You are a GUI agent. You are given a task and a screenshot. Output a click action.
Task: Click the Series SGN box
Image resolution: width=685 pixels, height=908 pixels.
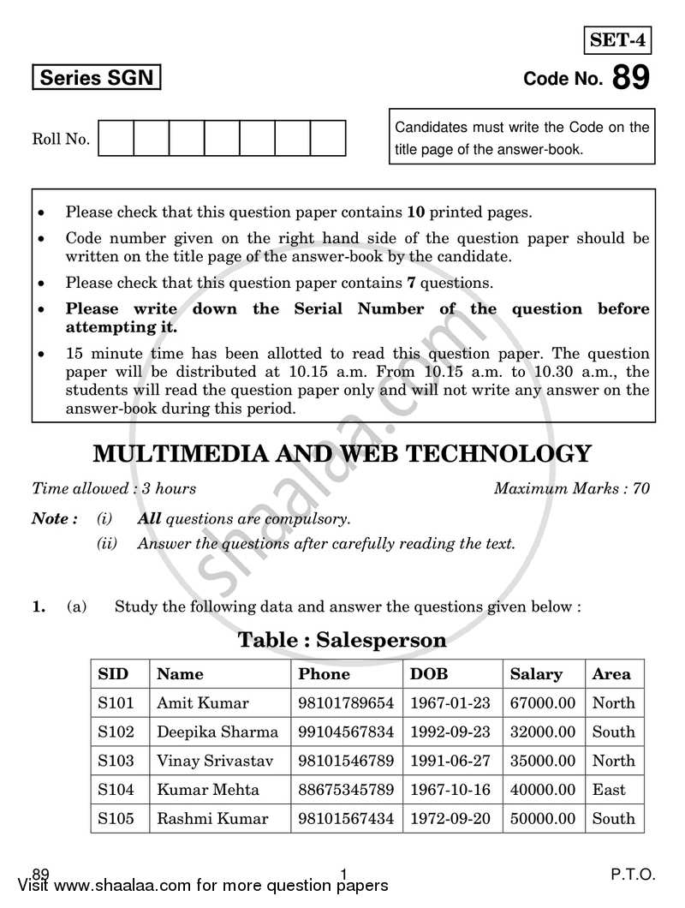point(96,79)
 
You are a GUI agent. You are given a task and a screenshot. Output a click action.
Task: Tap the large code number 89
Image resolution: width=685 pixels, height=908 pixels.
point(631,78)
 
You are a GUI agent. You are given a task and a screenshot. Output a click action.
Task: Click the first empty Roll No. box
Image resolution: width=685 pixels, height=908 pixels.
point(116,138)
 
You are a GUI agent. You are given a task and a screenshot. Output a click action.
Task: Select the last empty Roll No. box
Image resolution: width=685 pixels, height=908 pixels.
point(327,138)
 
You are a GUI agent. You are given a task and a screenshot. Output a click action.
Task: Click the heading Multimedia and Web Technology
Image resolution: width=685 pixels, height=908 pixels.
point(342,452)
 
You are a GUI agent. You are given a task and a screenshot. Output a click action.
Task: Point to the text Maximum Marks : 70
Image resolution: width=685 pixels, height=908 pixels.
point(571,489)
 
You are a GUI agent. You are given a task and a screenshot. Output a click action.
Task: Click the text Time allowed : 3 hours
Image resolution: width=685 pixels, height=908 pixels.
point(114,489)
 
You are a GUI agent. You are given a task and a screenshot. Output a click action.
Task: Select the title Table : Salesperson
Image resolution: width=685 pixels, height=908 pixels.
point(342,640)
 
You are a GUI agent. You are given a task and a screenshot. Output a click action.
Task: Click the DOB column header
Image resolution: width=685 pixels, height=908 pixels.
point(429,674)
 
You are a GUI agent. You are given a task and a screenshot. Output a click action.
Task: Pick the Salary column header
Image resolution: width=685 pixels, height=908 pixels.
point(536,674)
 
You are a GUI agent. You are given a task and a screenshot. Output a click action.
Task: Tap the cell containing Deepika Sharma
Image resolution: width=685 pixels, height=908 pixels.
point(217,732)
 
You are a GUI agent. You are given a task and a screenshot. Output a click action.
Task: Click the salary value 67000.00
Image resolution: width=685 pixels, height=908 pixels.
point(543,703)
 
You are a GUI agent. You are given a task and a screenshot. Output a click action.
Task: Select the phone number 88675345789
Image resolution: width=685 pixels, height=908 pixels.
point(346,790)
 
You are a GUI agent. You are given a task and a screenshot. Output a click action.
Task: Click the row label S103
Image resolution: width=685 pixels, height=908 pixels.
point(116,761)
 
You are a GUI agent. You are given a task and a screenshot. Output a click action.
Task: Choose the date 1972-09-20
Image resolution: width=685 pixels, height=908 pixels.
point(450,818)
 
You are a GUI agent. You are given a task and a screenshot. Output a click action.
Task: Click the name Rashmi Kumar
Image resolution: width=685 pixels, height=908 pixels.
point(212,818)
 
